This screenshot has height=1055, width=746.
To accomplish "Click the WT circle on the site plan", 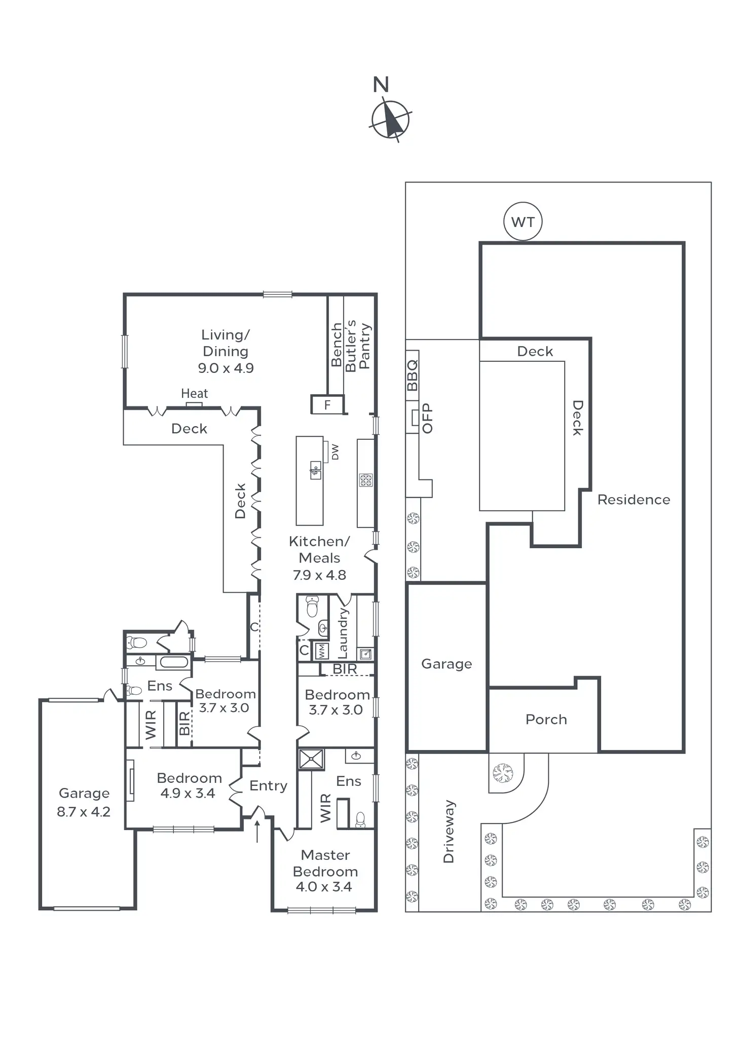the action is [x=523, y=221].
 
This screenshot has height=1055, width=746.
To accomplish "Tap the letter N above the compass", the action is [x=381, y=85].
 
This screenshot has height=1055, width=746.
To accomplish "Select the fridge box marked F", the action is [x=327, y=404].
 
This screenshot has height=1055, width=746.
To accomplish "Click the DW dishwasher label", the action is [x=335, y=451].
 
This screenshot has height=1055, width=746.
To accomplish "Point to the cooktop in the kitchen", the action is [x=366, y=479].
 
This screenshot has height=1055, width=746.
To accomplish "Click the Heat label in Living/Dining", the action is [x=194, y=393].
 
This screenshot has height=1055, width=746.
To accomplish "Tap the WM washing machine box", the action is [x=321, y=651].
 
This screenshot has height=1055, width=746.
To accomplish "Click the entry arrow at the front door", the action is [x=257, y=831].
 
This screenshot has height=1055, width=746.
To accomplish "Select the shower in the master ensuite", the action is [x=311, y=759].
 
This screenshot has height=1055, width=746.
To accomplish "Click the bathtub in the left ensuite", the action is [x=173, y=662].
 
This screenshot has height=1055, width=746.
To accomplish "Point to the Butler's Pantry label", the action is [x=357, y=346].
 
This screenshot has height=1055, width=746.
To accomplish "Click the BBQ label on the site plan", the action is [x=413, y=375].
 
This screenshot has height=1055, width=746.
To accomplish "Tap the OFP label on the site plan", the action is [x=428, y=418].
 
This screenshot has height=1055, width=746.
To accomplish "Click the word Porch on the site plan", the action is [x=546, y=719].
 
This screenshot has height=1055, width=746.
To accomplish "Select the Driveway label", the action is [x=449, y=831].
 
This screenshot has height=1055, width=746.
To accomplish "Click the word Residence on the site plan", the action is [x=633, y=500].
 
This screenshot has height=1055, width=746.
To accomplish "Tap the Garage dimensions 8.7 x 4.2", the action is [x=84, y=811].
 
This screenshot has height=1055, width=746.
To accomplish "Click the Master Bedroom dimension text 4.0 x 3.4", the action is [x=324, y=886].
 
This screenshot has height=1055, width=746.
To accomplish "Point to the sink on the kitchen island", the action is [x=315, y=470].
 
